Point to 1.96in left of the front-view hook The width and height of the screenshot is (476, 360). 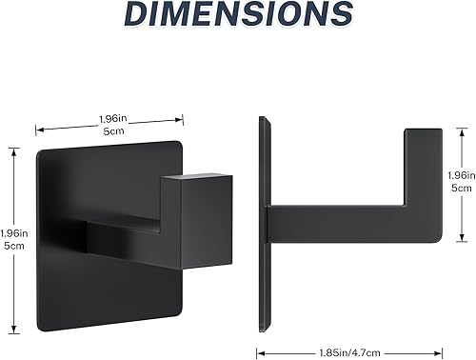[14, 234]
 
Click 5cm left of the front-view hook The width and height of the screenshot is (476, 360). [14, 248]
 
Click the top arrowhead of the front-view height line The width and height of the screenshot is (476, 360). [12, 148]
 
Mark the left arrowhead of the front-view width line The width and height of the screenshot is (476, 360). [37, 126]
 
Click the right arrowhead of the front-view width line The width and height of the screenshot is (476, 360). [182, 119]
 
